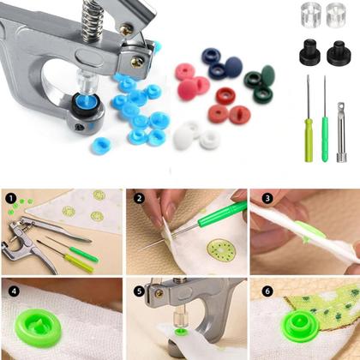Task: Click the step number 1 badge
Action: coord(10,198)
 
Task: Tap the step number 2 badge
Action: coord(139,198)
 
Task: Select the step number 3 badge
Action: coord(267,198)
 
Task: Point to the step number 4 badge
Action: coord(14,291)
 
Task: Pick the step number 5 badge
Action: coord(139,291)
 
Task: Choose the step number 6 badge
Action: coord(267,291)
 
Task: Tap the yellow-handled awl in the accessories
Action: coord(309,119)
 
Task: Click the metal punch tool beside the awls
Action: coord(341,132)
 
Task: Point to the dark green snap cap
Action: coord(267,75)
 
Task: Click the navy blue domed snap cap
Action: coord(233,68)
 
